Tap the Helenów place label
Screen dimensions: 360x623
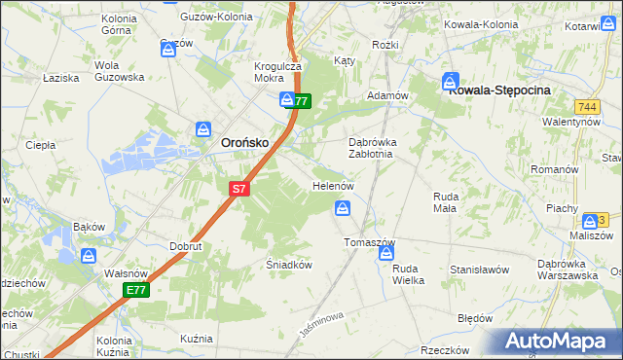point(331,185)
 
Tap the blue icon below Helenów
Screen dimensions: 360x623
point(343,207)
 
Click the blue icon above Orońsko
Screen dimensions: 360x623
point(203,128)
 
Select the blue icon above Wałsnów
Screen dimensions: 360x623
point(89,256)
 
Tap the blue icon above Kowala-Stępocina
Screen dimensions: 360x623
point(451,81)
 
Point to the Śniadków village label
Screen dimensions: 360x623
point(288,264)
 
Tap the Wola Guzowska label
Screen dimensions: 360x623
point(119,71)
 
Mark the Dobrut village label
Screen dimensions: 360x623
point(185,246)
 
